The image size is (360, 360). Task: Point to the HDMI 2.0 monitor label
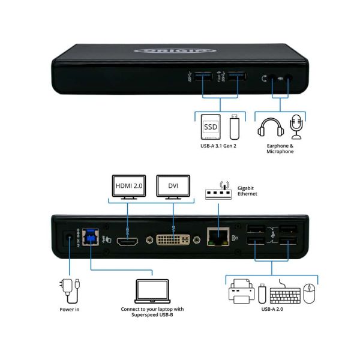129,186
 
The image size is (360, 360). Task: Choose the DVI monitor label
173,186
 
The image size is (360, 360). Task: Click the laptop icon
153,292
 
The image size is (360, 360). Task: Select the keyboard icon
284,295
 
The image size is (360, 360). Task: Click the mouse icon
310,294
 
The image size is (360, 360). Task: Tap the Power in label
70,310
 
